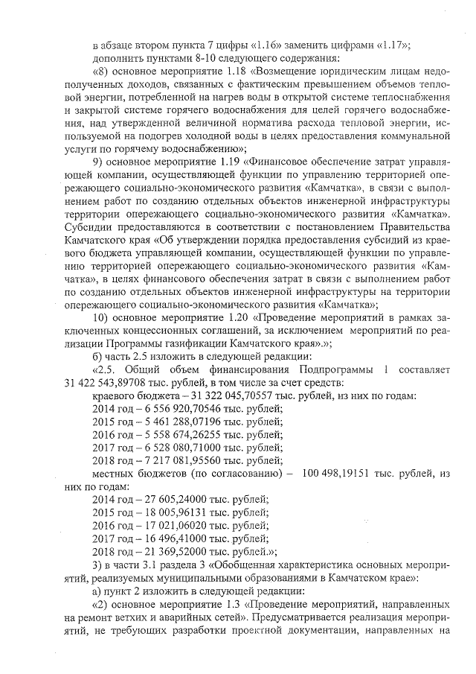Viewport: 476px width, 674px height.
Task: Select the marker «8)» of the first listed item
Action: click(x=103, y=71)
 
